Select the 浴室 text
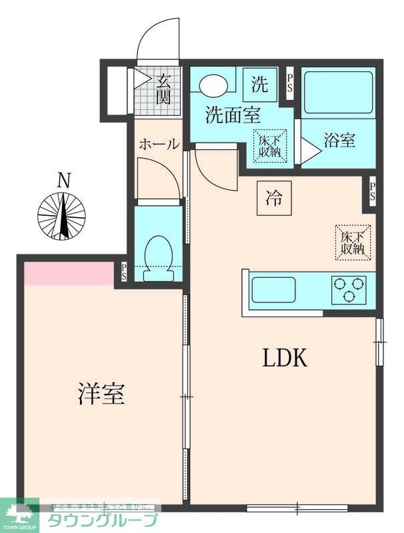[x=339, y=141]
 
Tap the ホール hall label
[x=158, y=144]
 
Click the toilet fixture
[x=159, y=256]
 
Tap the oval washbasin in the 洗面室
[x=213, y=85]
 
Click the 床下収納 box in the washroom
[x=270, y=145]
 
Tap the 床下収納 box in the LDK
[x=352, y=243]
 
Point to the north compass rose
[x=62, y=215]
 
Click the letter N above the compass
[x=63, y=180]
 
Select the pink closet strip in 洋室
[x=68, y=273]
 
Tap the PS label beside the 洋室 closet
[x=124, y=271]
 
